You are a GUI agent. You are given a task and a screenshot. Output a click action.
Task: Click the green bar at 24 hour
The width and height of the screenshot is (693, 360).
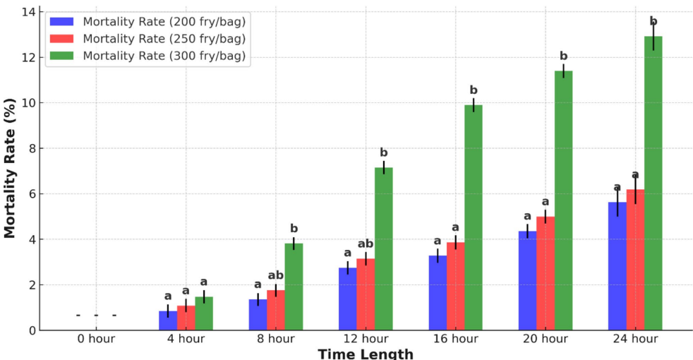click(x=653, y=184)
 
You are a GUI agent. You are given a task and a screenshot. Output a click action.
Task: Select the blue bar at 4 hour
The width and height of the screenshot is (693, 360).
click(x=168, y=320)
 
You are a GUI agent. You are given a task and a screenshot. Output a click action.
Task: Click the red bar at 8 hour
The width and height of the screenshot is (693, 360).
click(x=276, y=310)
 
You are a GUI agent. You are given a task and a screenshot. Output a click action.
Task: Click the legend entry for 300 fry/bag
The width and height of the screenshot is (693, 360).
click(x=164, y=56)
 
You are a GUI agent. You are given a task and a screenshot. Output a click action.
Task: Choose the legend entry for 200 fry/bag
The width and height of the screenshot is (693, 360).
click(x=164, y=20)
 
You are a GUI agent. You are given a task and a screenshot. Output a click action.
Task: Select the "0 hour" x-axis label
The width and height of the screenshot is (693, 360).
click(x=96, y=340)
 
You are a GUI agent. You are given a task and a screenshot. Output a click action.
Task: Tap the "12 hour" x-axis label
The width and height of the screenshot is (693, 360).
click(x=366, y=340)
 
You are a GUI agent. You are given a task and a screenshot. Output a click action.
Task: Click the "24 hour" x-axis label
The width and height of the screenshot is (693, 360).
click(x=635, y=340)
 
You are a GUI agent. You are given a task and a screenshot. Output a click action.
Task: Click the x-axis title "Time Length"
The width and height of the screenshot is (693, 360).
click(x=366, y=354)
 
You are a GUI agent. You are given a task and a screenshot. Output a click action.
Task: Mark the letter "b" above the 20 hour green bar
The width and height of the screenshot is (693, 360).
click(x=564, y=56)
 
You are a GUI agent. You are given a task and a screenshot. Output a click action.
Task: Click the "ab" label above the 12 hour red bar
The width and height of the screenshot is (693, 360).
click(x=366, y=244)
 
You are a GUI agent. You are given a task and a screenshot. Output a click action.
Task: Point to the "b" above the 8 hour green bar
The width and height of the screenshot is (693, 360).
click(x=294, y=229)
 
